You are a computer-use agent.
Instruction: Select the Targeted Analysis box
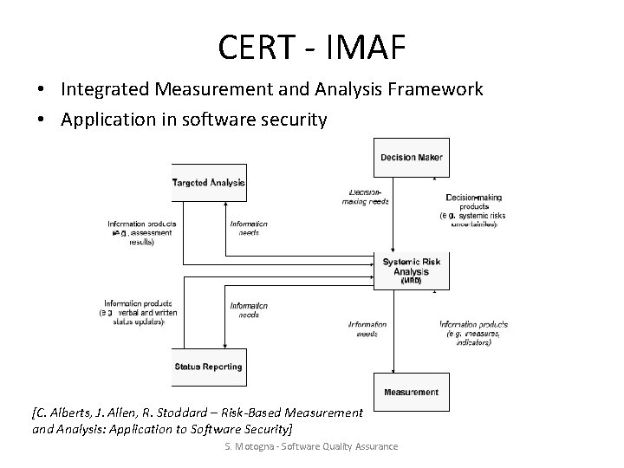point(210,182)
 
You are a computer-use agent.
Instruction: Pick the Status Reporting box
point(209,367)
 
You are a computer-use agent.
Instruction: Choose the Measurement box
point(411,392)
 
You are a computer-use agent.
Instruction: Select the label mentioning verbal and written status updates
point(140,311)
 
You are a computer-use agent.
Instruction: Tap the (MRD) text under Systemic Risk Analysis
point(411,281)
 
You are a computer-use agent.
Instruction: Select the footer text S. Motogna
point(248,445)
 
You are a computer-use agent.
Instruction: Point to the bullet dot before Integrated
point(42,90)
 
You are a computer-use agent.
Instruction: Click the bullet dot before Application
point(42,120)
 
